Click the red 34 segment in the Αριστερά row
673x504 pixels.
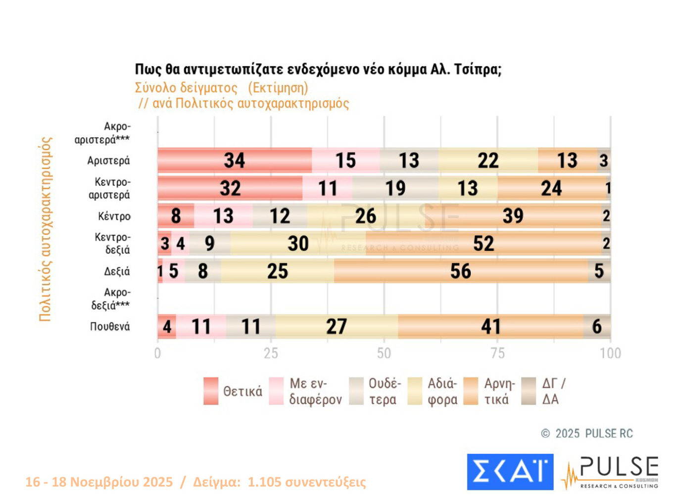[235, 160]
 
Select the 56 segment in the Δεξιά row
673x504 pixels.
[460, 271]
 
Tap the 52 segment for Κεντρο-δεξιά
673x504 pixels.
[483, 244]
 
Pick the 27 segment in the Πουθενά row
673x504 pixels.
[336, 327]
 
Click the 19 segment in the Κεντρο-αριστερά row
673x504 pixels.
[395, 188]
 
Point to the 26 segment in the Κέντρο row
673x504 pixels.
[365, 216]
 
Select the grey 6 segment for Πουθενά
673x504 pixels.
[597, 327]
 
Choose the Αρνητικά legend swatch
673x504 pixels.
[471, 391]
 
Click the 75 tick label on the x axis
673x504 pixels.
[497, 353]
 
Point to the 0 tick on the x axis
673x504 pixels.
[157, 353]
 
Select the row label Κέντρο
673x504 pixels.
[114, 216]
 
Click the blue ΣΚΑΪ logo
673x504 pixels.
[510, 472]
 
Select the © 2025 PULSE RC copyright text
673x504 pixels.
[587, 433]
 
